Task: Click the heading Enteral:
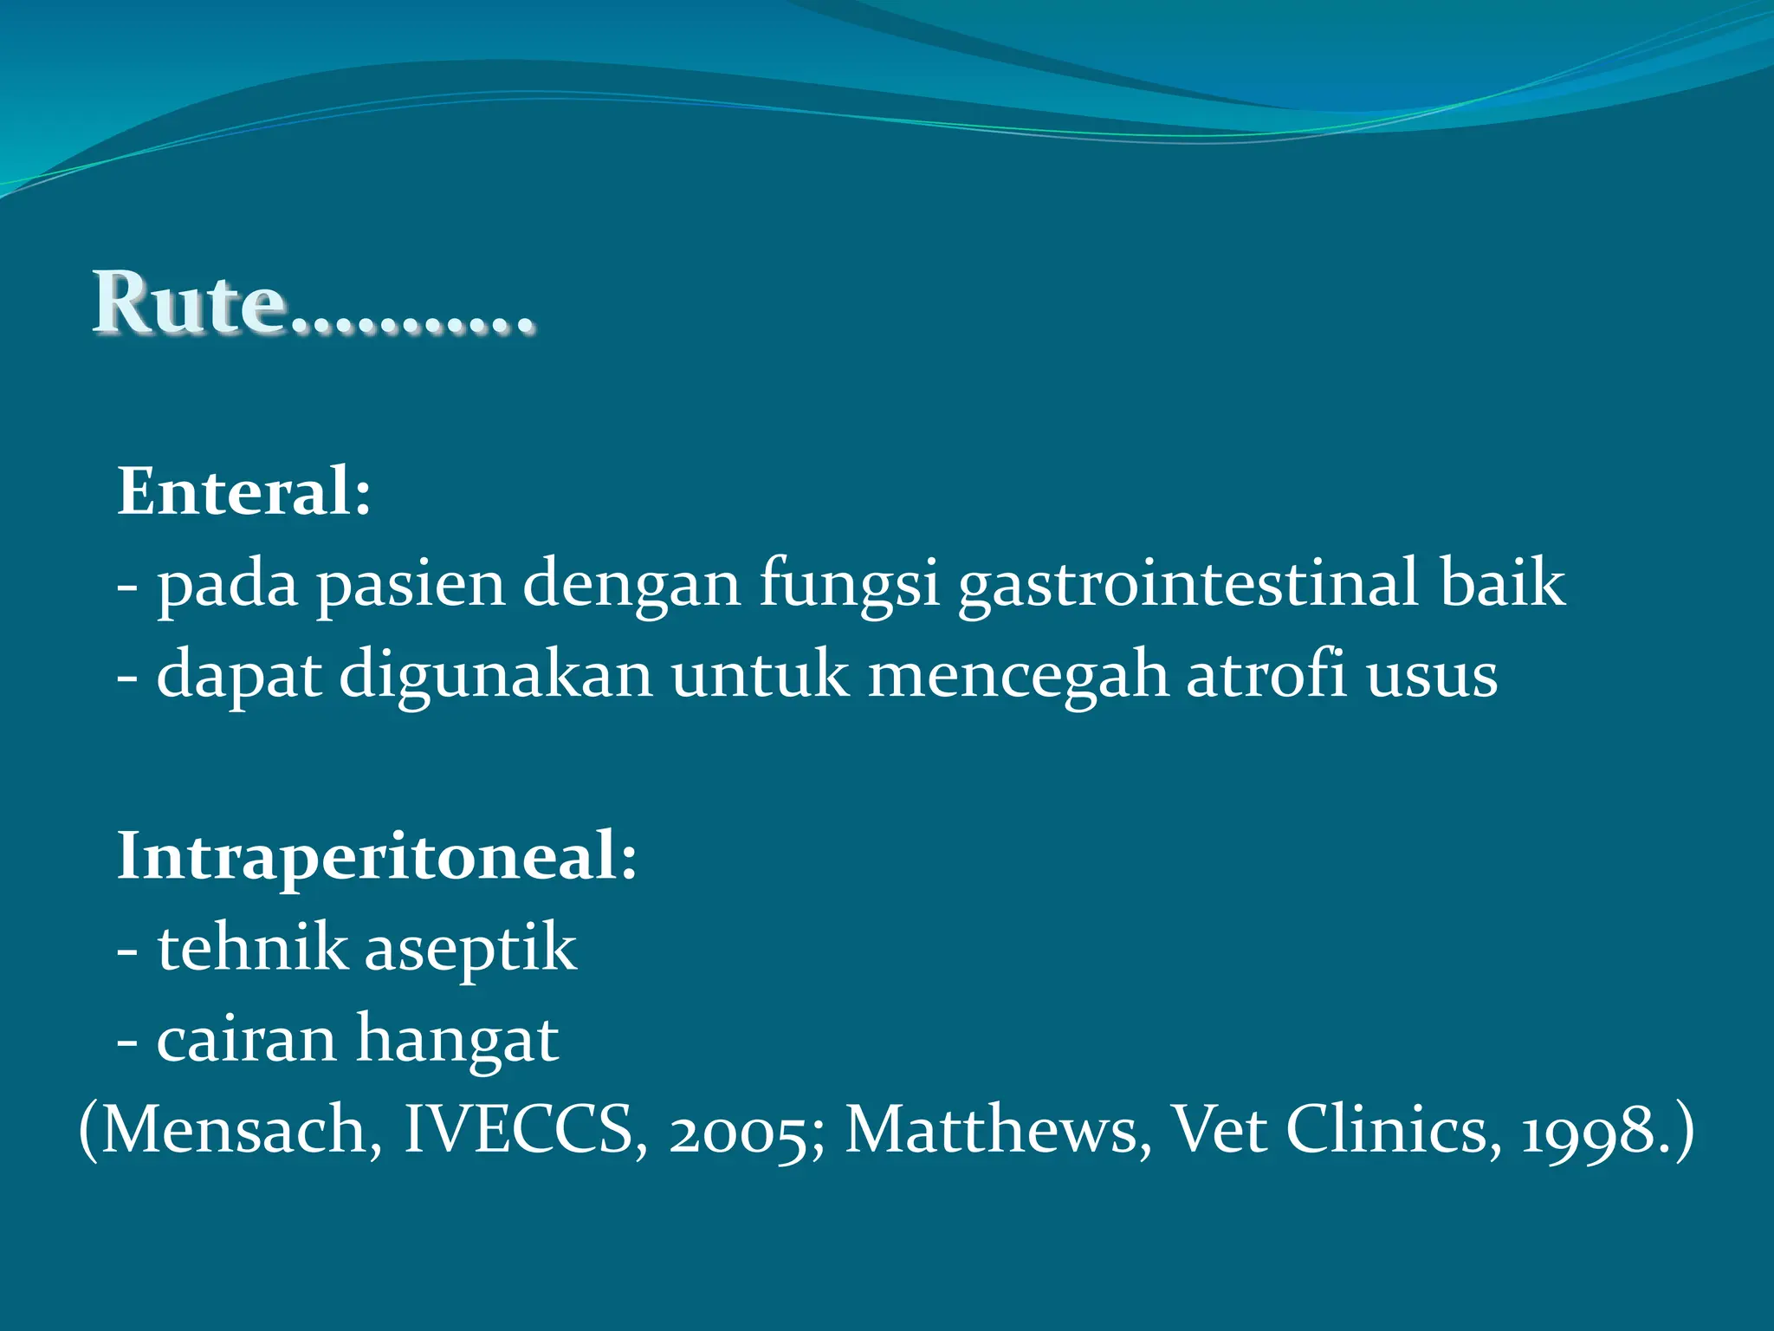244,491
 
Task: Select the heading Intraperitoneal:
377,856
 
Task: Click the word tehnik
252,947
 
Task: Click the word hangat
457,1041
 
